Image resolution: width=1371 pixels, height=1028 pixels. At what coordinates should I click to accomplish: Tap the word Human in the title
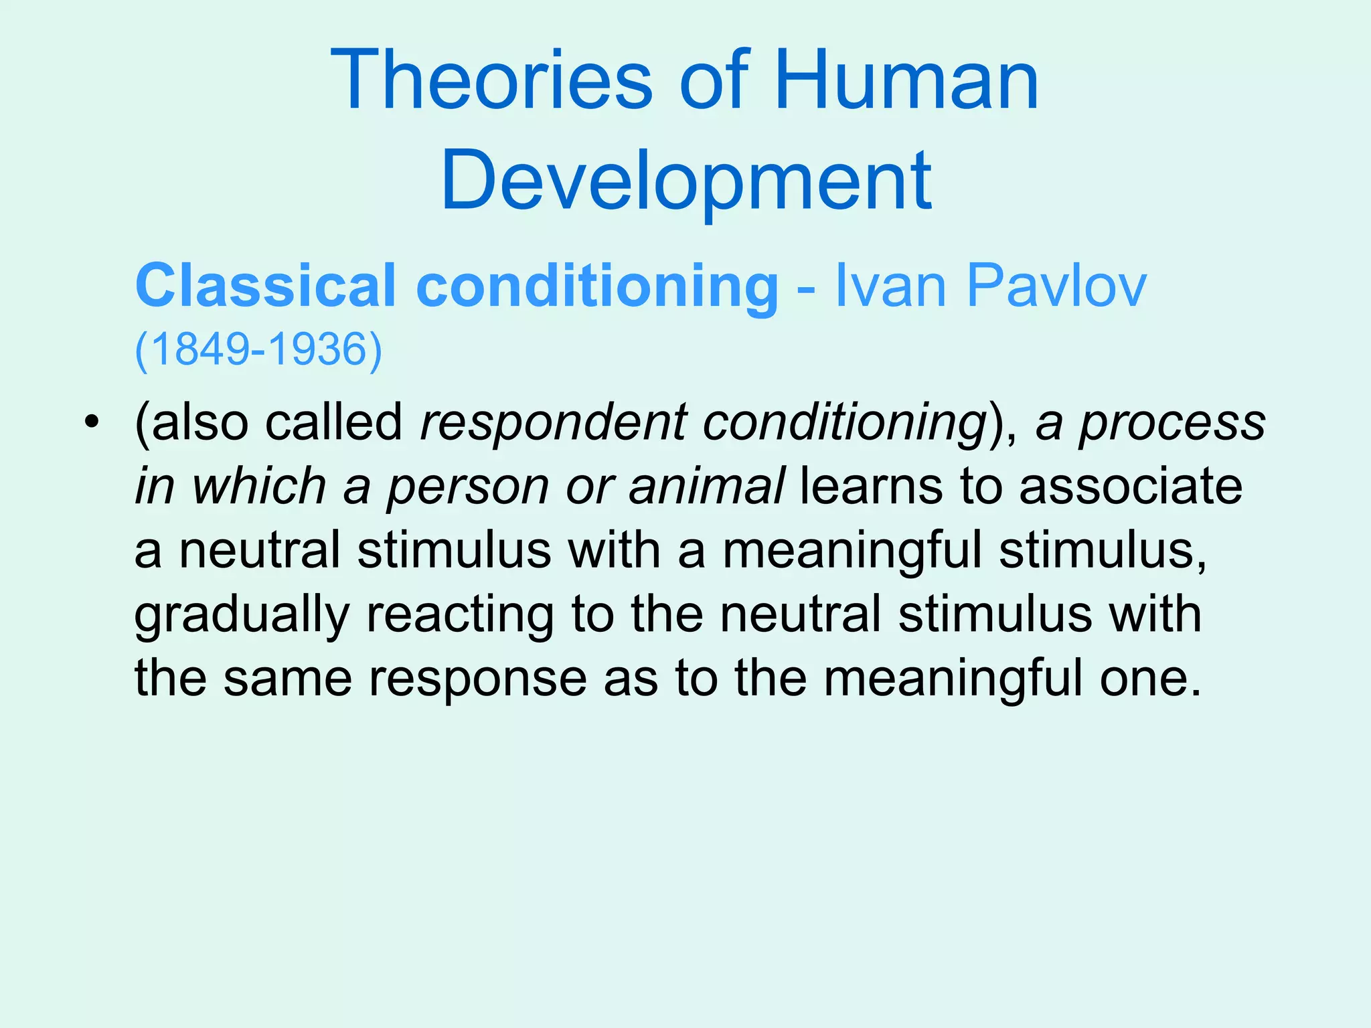pyautogui.click(x=906, y=81)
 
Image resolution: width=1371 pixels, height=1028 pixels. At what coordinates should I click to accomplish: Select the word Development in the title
pyautogui.click(x=685, y=181)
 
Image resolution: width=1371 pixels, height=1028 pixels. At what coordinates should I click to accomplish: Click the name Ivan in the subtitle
pyautogui.click(x=890, y=286)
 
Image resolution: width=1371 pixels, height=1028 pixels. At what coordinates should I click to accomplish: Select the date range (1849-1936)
pyautogui.click(x=258, y=349)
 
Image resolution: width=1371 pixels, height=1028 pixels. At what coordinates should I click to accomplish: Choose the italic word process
pyautogui.click(x=1172, y=423)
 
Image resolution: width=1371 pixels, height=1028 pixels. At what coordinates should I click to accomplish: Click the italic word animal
pyautogui.click(x=706, y=487)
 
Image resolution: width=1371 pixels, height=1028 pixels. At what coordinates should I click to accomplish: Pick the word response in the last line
pyautogui.click(x=478, y=679)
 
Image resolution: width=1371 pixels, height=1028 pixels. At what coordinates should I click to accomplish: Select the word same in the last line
pyautogui.click(x=287, y=679)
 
